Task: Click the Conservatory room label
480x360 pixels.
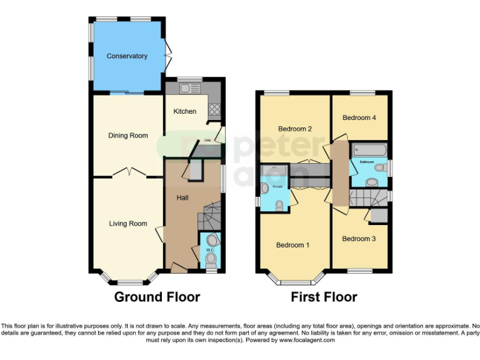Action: (x=127, y=56)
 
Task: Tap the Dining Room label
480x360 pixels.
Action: (x=127, y=136)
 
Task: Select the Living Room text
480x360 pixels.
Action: (x=127, y=224)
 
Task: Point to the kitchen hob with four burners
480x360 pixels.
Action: (x=214, y=109)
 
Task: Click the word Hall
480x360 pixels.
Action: (x=182, y=197)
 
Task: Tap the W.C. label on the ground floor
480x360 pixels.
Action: (x=210, y=251)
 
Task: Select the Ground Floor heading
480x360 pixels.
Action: (x=157, y=297)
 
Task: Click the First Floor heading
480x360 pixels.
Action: (x=324, y=297)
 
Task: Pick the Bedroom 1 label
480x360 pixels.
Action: (x=292, y=245)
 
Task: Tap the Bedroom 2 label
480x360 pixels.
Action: (x=294, y=129)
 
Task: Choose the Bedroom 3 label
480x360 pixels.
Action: (x=358, y=238)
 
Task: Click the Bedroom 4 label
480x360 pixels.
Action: (x=358, y=117)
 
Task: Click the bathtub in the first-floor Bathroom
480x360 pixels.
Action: (x=369, y=149)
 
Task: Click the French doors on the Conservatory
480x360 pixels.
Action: (x=167, y=57)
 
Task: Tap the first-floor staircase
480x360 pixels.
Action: (x=369, y=199)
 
